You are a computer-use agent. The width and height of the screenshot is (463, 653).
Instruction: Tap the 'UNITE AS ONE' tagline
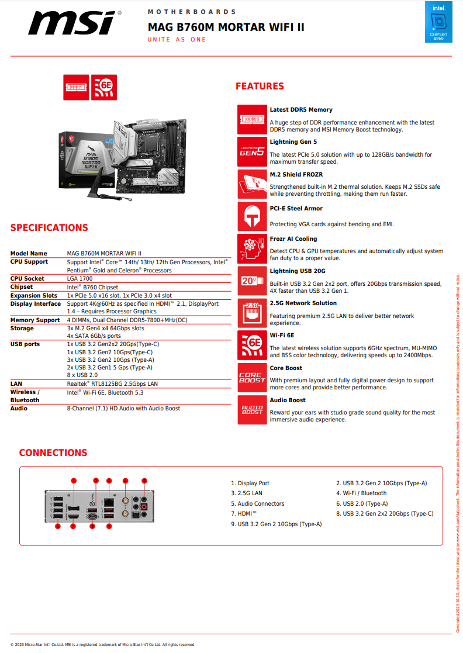[177, 40]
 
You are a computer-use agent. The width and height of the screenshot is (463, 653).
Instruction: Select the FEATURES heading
[260, 87]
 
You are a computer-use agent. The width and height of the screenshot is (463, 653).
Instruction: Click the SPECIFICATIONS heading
[49, 228]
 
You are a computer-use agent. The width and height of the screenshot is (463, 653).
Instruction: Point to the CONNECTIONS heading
[53, 453]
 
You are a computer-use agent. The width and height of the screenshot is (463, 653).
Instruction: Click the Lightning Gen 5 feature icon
[252, 151]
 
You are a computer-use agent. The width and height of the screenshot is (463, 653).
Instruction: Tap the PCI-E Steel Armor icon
[252, 216]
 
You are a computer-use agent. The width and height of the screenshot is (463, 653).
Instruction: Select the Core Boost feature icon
[252, 377]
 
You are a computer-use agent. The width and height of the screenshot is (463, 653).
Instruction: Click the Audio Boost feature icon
[252, 409]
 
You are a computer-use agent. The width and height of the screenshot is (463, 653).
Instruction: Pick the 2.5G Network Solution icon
[252, 313]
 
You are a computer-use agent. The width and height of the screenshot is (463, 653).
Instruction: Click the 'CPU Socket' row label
[27, 279]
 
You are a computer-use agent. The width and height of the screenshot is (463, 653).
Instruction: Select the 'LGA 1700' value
[80, 279]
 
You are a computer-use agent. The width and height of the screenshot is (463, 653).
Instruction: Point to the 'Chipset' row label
[22, 287]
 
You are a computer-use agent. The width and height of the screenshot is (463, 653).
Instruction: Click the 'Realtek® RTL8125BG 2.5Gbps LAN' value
[112, 384]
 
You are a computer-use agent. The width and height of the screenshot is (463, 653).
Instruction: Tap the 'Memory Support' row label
[35, 320]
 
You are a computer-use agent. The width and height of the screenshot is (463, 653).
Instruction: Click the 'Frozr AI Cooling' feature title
[293, 239]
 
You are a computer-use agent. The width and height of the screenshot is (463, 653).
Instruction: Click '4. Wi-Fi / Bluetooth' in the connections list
[361, 493]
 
